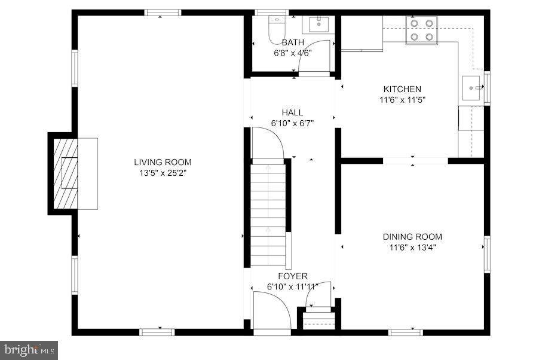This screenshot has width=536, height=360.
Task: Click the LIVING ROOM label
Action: [x=163, y=162]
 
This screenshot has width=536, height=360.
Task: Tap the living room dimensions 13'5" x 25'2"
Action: [x=163, y=173]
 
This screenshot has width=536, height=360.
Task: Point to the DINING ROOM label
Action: [x=412, y=237]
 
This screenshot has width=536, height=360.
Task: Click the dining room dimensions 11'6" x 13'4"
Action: [x=412, y=248]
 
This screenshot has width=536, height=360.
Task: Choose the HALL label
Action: [x=292, y=112]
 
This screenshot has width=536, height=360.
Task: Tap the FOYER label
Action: [x=293, y=276]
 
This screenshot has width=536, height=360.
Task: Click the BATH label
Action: [x=293, y=42]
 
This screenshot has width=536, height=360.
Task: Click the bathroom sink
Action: [x=318, y=25]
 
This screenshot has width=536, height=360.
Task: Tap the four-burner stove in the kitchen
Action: [x=421, y=30]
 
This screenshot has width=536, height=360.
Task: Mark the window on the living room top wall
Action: [x=163, y=12]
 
